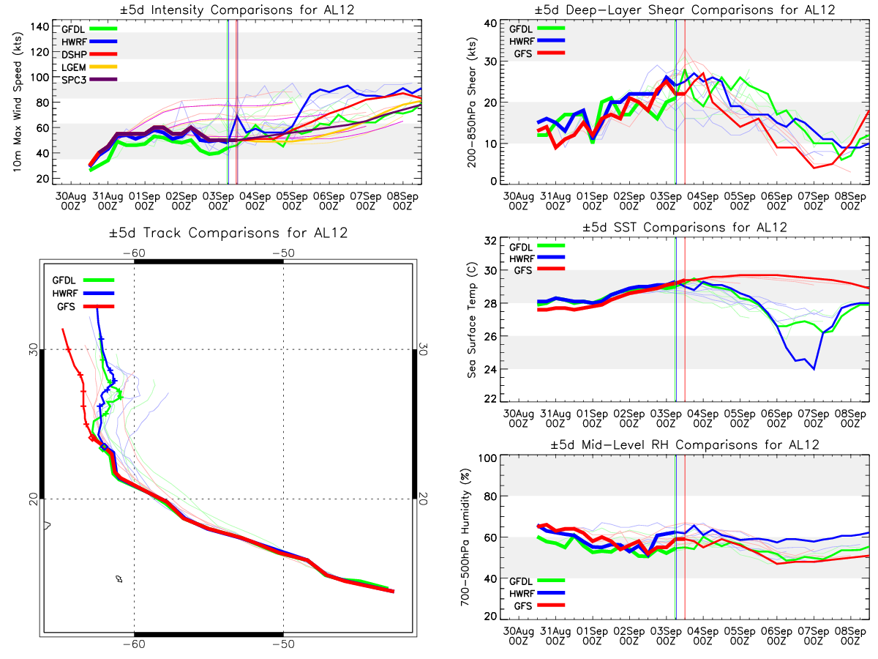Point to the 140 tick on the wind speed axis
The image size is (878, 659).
pyautogui.click(x=42, y=26)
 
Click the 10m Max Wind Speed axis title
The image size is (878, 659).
pyautogui.click(x=16, y=103)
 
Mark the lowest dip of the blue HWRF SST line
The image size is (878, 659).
pyautogui.click(x=814, y=368)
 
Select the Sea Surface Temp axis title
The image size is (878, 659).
pyautogui.click(x=473, y=321)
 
